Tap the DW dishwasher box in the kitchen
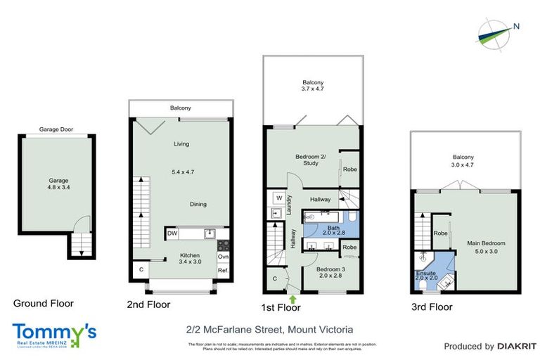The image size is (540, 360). (x=172, y=233)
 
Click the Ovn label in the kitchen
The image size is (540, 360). (x=223, y=257)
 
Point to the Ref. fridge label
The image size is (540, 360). (x=223, y=271)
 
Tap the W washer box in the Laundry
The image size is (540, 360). (x=279, y=198)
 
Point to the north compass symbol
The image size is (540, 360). (x=496, y=30)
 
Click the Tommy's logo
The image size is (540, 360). (x=54, y=333)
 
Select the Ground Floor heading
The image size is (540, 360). (x=44, y=304)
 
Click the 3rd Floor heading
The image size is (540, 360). (x=432, y=307)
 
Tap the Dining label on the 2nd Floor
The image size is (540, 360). (x=198, y=205)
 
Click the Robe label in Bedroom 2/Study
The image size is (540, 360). (x=349, y=169)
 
